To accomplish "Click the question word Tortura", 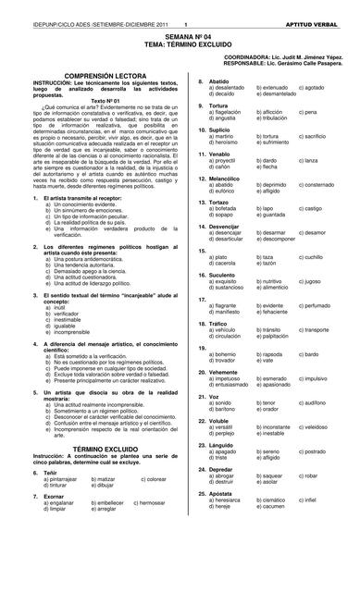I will point(219,105).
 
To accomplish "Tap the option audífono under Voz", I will point(316,402).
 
